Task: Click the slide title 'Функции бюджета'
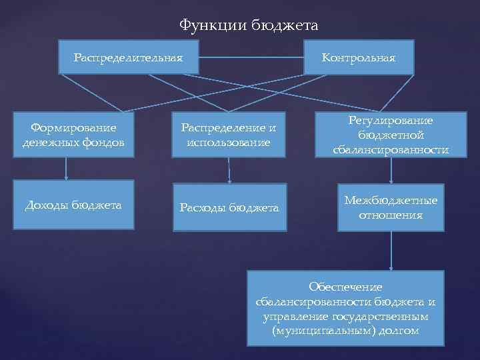tap(249, 26)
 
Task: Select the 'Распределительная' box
tap(128, 57)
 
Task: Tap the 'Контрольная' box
tap(358, 57)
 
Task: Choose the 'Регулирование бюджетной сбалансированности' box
tap(391, 135)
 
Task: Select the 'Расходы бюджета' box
tap(229, 207)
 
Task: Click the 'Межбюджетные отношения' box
tap(391, 207)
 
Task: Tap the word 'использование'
tap(229, 142)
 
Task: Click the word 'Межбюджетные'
tap(391, 200)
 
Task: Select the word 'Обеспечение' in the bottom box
tap(345, 286)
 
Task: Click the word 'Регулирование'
tap(391, 120)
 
